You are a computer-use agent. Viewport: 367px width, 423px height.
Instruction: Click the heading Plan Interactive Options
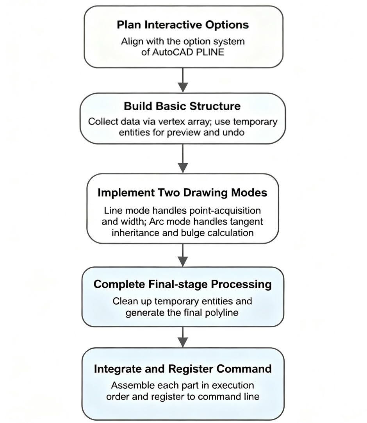[x=183, y=25]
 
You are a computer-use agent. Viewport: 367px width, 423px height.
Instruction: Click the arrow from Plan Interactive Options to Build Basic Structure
[x=183, y=80]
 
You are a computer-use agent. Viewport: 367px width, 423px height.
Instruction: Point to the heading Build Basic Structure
[x=182, y=106]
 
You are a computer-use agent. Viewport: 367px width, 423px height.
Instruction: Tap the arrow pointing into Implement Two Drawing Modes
[x=183, y=159]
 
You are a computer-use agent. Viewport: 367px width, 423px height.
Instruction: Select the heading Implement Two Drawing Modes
[x=183, y=193]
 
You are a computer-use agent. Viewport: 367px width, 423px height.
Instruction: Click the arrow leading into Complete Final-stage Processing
[x=183, y=255]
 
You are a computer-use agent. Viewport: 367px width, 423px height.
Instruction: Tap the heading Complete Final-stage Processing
[x=183, y=284]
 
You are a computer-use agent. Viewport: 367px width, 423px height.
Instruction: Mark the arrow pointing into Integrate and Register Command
[x=183, y=337]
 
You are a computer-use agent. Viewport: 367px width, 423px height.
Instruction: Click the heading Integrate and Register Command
[x=183, y=369]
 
